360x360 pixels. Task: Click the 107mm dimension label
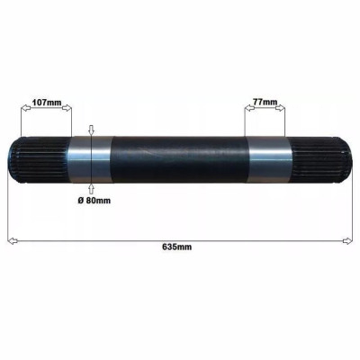click(x=46, y=103)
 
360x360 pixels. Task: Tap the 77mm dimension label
click(x=264, y=103)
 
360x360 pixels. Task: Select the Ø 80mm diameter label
click(x=94, y=199)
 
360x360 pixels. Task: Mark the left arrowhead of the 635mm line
click(x=12, y=239)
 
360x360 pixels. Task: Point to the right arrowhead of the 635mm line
click(x=346, y=239)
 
